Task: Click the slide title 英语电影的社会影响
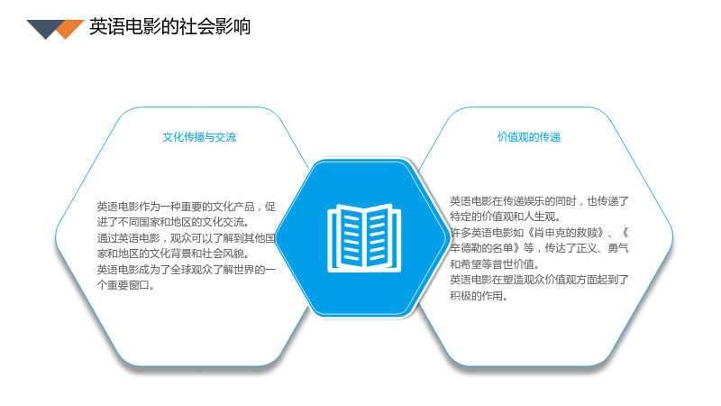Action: (169, 27)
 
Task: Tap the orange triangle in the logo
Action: (69, 28)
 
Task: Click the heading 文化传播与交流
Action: (199, 137)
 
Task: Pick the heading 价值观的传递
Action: (529, 137)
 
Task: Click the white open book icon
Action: (364, 237)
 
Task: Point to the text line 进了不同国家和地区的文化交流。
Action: (173, 222)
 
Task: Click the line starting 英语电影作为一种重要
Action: (187, 207)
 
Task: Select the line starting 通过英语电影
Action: (187, 238)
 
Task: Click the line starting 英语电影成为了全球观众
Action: (187, 269)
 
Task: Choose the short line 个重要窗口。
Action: (125, 285)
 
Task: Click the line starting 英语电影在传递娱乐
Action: (539, 201)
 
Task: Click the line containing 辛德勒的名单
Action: (539, 248)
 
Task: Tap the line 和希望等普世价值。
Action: (494, 264)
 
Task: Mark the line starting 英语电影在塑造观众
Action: (539, 280)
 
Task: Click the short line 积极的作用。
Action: (479, 296)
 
